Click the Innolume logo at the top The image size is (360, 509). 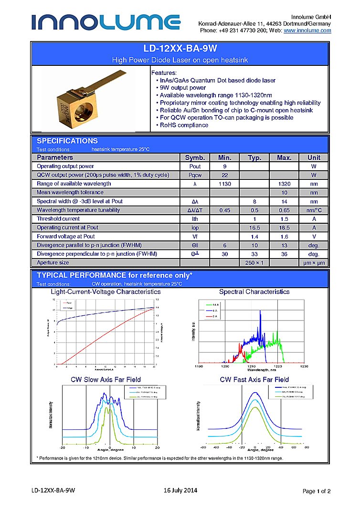106,22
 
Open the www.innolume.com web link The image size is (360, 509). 307,31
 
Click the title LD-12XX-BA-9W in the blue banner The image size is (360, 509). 180,49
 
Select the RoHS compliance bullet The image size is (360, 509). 184,125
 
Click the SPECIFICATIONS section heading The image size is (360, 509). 67,141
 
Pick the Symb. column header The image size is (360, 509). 195,157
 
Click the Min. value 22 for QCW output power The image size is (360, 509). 224,175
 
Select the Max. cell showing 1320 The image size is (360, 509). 284,184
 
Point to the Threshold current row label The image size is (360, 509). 58,218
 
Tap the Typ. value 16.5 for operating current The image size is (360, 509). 254,228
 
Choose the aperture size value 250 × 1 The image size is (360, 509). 254,262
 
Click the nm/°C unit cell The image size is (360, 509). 314,210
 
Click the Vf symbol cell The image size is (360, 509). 195,236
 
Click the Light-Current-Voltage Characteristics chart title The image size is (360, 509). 106,291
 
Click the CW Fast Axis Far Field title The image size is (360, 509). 254,379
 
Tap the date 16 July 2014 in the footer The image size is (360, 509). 180,490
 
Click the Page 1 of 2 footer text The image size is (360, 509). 317,491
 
